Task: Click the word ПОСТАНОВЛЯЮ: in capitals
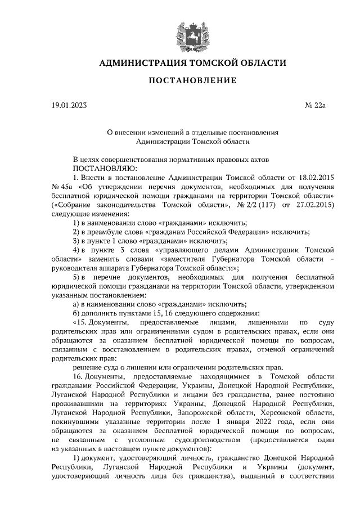click(x=102, y=168)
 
